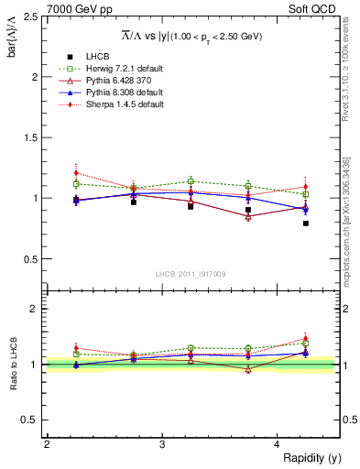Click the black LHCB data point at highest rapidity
click(x=306, y=223)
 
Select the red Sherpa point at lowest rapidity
click(x=76, y=172)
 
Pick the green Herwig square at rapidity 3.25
click(x=191, y=180)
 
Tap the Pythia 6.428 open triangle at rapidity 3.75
click(x=248, y=216)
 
